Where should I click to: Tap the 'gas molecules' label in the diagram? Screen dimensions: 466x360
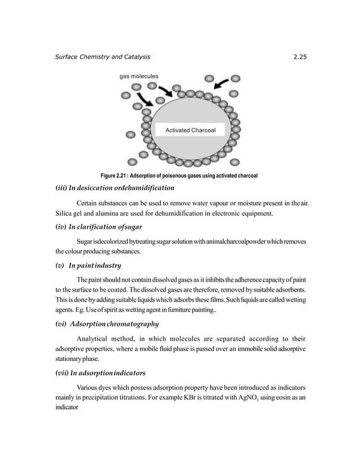[139, 76]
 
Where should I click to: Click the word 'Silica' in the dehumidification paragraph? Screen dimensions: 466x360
[64, 213]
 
